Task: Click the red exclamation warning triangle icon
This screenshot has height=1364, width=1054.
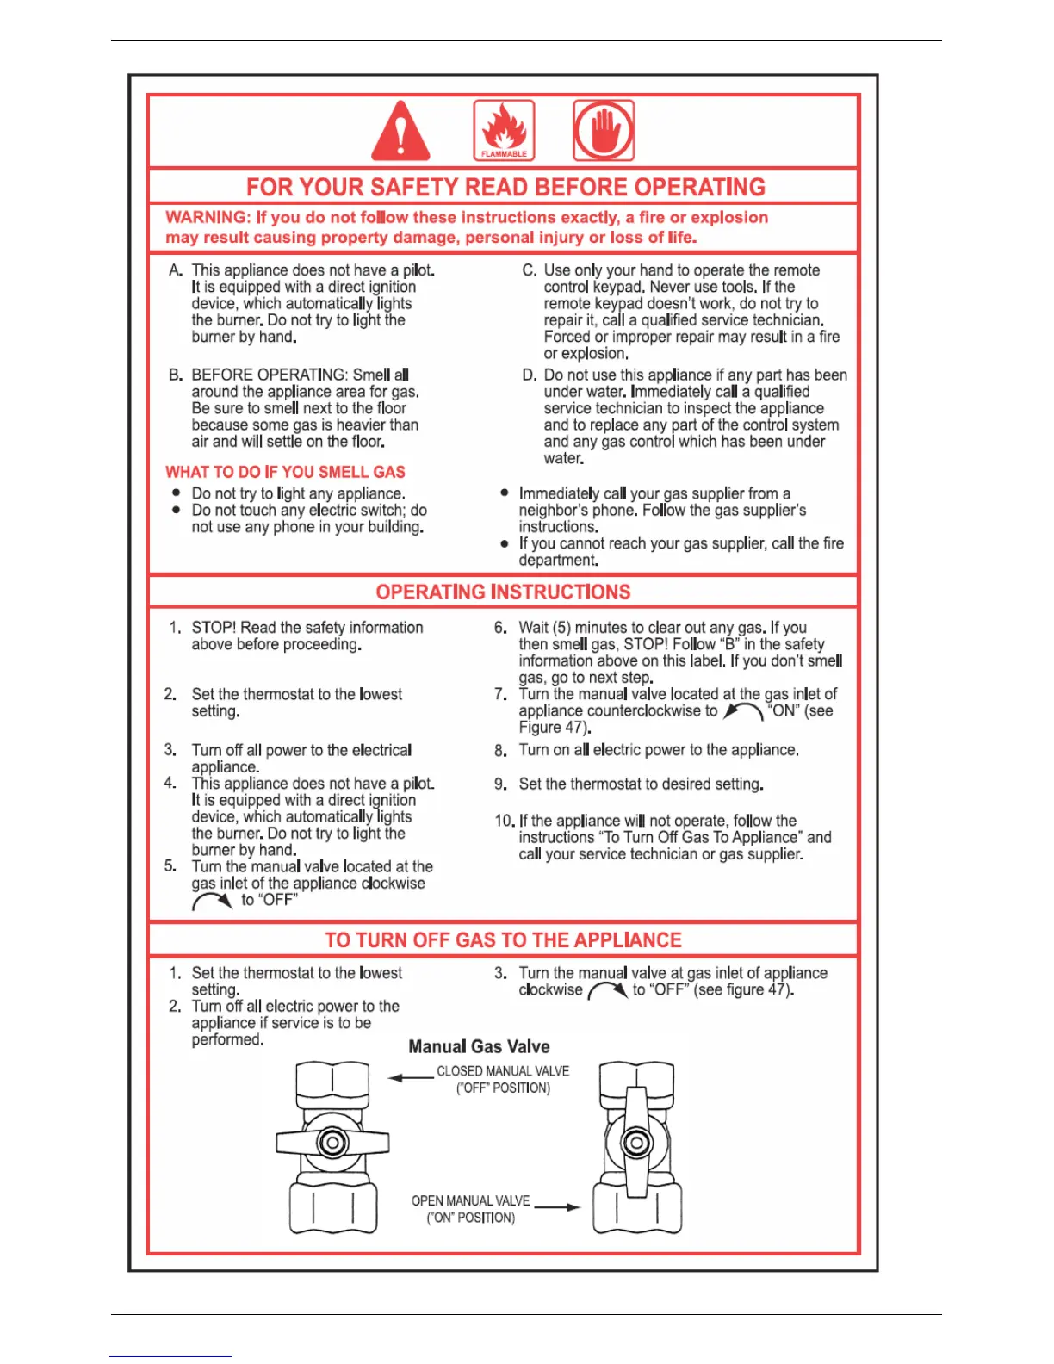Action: click(400, 133)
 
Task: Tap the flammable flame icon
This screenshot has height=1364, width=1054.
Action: click(504, 130)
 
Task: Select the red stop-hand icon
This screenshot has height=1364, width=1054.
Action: click(604, 130)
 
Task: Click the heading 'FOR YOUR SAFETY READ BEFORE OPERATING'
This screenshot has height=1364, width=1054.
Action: click(505, 187)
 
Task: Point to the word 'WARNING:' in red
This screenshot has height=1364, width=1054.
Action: click(207, 218)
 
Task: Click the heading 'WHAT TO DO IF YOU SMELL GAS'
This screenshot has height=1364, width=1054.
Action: click(285, 472)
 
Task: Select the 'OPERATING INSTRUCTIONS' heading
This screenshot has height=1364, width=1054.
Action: click(503, 592)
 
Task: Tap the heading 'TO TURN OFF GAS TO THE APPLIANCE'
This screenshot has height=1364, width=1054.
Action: click(503, 939)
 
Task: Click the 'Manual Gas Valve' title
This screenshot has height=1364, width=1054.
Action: click(479, 1046)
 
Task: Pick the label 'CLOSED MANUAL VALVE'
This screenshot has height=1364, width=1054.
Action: click(503, 1071)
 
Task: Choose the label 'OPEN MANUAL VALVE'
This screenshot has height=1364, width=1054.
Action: click(470, 1200)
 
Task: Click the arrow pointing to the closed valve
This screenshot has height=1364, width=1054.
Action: click(410, 1077)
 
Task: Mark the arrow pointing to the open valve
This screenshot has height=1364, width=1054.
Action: click(558, 1207)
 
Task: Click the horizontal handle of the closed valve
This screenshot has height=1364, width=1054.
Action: click(332, 1143)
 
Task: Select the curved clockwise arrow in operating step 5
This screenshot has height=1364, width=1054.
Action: click(212, 901)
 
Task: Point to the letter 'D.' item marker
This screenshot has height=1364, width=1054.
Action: click(530, 375)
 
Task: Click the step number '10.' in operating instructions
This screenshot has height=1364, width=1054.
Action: click(504, 821)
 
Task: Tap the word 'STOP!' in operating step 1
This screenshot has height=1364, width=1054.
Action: click(214, 628)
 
